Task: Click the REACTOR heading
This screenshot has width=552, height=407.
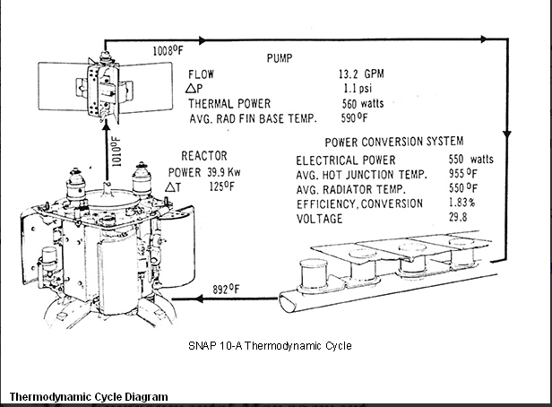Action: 204,155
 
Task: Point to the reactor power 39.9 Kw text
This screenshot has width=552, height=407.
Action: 204,171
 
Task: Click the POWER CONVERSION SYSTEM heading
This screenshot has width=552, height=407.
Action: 394,142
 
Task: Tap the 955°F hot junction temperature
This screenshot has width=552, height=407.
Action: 463,175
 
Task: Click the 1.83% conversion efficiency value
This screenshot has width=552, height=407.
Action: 462,204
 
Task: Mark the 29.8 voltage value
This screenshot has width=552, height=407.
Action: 460,219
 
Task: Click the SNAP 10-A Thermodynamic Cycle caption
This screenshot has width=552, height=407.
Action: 270,345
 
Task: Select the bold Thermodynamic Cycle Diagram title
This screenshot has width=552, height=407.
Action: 88,397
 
